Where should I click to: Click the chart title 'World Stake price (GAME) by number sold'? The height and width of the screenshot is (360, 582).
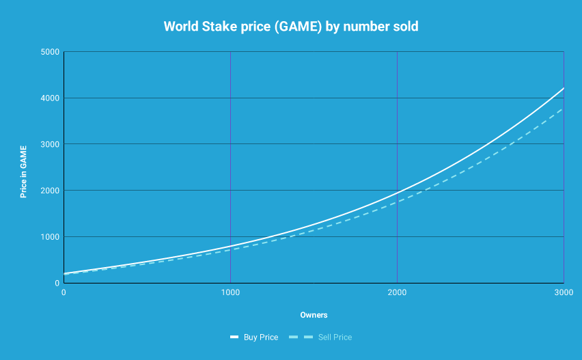[x=290, y=27]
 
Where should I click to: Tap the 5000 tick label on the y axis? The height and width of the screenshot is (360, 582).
[x=49, y=52]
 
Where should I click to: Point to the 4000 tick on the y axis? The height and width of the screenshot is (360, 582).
[x=49, y=98]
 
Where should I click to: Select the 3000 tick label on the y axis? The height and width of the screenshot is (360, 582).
[x=49, y=144]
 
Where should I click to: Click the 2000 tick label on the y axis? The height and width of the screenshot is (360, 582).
[x=49, y=191]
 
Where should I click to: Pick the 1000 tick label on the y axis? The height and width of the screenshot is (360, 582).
[x=49, y=237]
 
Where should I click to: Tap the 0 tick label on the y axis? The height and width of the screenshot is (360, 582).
[x=56, y=283]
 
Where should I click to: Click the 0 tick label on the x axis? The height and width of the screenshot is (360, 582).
[x=64, y=292]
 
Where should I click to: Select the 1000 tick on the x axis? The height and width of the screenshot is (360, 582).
[x=230, y=292]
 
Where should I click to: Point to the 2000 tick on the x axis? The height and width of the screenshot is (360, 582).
[x=397, y=292]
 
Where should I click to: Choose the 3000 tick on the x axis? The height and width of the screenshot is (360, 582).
[x=563, y=292]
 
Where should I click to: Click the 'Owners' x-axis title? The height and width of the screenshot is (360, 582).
[x=314, y=315]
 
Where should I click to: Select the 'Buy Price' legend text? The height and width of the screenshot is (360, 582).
[x=260, y=337]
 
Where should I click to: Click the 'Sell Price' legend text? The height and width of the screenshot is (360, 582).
[x=335, y=337]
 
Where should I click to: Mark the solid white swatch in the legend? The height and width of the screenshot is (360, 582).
[x=234, y=337]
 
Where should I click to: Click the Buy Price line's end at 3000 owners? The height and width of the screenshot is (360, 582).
[x=563, y=89]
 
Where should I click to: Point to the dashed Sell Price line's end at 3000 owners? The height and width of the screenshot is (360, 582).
[x=563, y=109]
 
